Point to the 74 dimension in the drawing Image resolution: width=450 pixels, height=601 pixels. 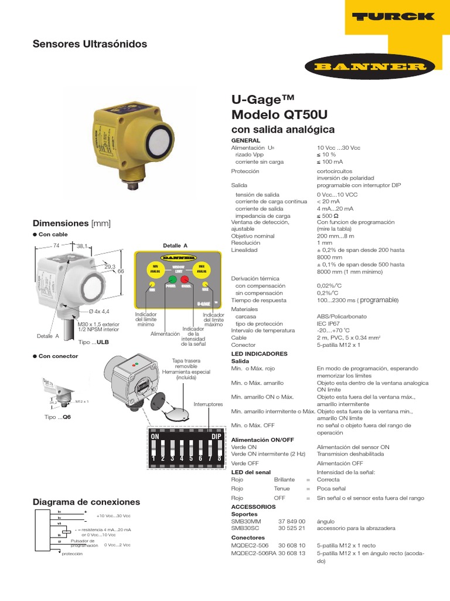pyautogui.click(x=57, y=246)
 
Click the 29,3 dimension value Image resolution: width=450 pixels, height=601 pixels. pyautogui.click(x=111, y=266)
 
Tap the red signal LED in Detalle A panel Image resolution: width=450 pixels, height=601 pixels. pyautogui.click(x=186, y=280)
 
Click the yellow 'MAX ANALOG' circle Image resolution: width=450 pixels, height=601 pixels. pyautogui.click(x=201, y=269)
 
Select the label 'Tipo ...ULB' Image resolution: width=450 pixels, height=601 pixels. pyautogui.click(x=94, y=342)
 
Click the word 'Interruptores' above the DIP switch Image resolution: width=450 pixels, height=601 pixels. pyautogui.click(x=209, y=404)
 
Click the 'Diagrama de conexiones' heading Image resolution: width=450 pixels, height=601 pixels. pyautogui.click(x=86, y=502)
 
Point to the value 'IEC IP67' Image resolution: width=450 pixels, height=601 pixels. pyautogui.click(x=330, y=323)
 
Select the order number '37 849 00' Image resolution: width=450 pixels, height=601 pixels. pyautogui.click(x=292, y=521)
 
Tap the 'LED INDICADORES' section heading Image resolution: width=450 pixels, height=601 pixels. pyautogui.click(x=260, y=354)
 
